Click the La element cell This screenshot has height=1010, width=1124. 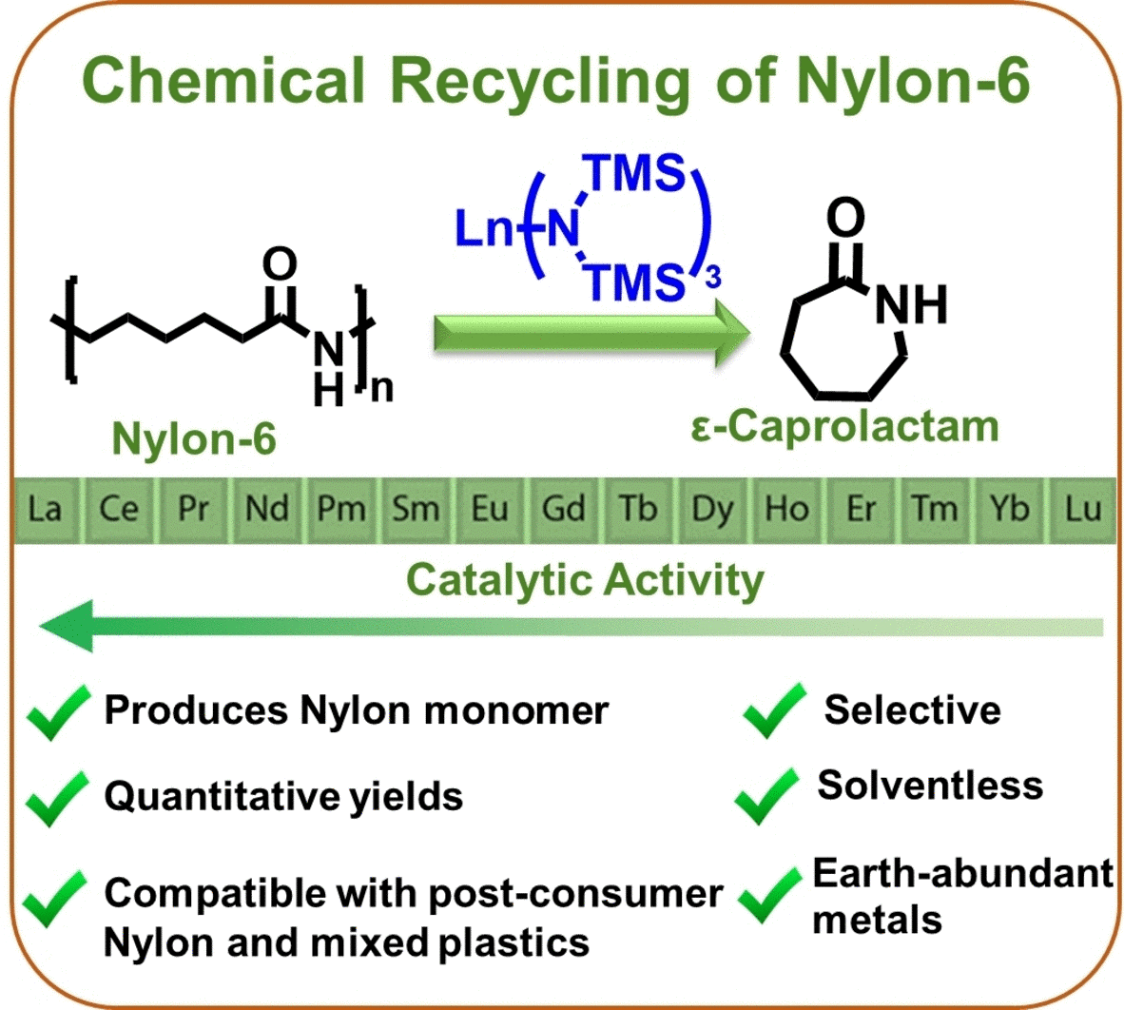point(45,509)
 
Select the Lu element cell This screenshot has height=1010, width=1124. point(1083,509)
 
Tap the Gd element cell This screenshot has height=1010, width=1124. point(563,509)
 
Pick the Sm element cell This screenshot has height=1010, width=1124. point(416,509)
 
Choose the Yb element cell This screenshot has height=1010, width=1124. point(1008,509)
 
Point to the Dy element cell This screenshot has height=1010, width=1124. point(712,509)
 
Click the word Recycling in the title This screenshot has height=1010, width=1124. point(540,82)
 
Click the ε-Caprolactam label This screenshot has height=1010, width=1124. point(845,426)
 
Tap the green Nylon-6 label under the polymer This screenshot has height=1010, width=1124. point(194,438)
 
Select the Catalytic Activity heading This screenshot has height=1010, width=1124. point(585,579)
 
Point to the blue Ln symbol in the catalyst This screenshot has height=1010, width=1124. point(483,229)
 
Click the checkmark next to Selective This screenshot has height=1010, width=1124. point(772,710)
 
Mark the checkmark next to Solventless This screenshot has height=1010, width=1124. point(766,795)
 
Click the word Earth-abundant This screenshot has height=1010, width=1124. point(962,873)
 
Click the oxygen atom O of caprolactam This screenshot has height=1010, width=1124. point(845,217)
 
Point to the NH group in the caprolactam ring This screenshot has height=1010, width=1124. point(910,303)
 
